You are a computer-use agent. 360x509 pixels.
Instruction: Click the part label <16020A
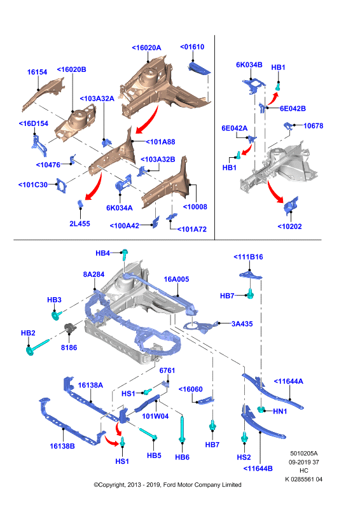[146, 48]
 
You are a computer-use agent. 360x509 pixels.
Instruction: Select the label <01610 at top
[192, 46]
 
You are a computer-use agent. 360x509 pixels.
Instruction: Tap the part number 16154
[37, 72]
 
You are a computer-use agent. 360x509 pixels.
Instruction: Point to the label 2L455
[80, 224]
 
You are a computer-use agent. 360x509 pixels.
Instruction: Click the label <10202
[289, 227]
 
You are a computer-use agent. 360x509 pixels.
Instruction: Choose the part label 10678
[314, 125]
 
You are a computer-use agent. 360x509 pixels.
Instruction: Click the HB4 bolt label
[102, 253]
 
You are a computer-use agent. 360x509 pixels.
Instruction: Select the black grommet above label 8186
[70, 328]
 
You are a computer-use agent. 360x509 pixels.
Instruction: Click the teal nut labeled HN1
[261, 410]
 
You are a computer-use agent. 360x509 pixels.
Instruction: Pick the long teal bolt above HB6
[182, 429]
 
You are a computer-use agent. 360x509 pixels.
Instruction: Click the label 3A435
[242, 324]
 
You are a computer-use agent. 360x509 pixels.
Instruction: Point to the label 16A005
[176, 279]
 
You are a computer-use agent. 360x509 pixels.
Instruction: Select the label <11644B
[258, 468]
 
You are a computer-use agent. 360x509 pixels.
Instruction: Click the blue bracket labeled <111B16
[250, 275]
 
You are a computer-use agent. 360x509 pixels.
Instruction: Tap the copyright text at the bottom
[167, 485]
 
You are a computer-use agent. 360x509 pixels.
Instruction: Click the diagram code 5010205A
[304, 453]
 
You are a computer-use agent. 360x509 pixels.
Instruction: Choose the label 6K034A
[120, 208]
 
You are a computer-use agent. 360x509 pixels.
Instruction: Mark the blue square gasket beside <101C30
[61, 185]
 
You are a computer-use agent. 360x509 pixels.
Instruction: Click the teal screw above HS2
[244, 438]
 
